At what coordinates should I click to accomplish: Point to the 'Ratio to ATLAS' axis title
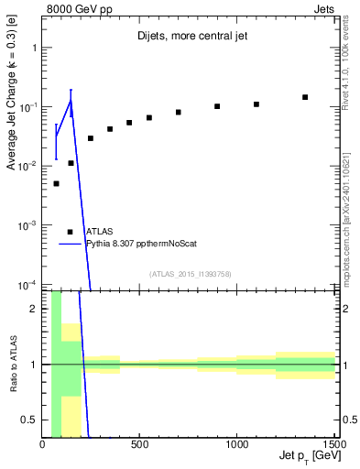coord(12,364)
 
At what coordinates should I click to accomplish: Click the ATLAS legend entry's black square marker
coord(71,232)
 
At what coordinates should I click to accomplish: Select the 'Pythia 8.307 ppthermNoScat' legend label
coord(141,244)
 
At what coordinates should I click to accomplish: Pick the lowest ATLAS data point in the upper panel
coord(56,183)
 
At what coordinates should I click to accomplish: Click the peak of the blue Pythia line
coord(71,101)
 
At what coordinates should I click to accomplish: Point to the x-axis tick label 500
coord(140,444)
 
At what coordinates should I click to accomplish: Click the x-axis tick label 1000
coord(237,444)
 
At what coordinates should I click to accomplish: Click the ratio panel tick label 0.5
coord(30,420)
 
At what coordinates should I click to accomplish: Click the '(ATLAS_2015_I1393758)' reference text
coord(189,273)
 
